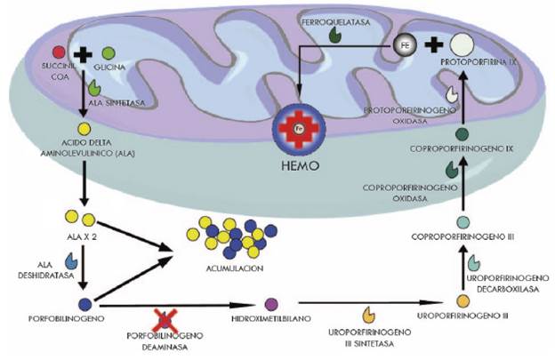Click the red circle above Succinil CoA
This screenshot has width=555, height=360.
[x=59, y=53]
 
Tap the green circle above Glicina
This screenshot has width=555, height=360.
[x=109, y=54]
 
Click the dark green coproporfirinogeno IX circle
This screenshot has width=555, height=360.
[x=462, y=135]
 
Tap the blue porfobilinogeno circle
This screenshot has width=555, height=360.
[x=85, y=304]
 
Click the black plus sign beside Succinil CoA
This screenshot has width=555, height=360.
[x=83, y=54]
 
